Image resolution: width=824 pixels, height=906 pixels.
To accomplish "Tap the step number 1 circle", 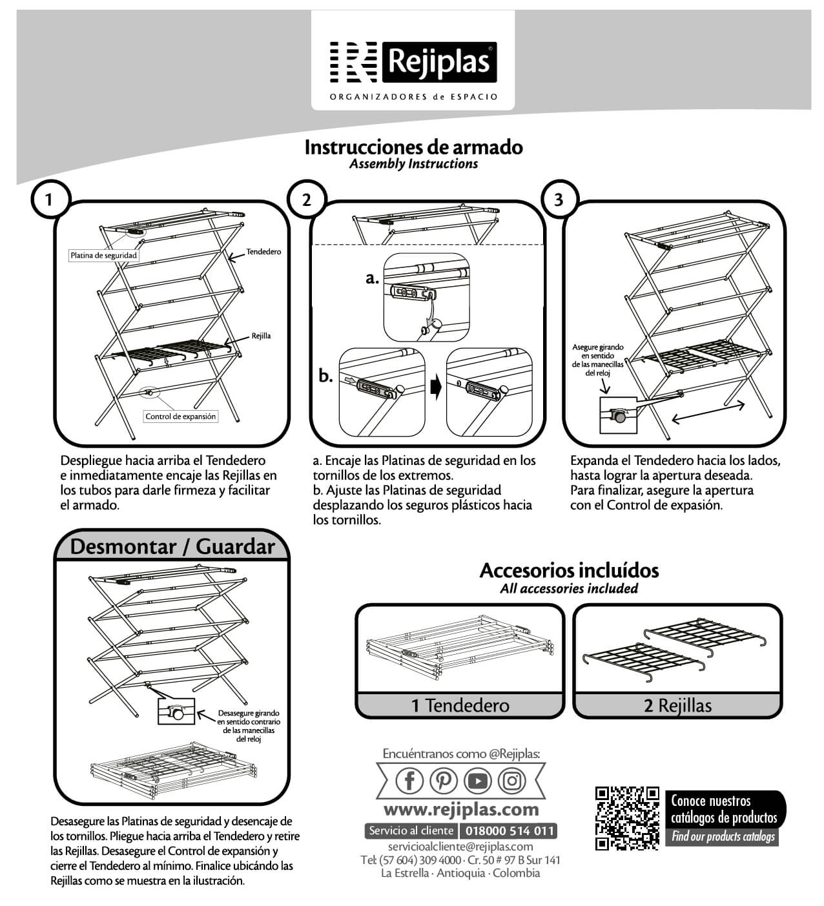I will pos(48,200).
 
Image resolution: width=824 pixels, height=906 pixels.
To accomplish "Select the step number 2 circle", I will pos(306,200).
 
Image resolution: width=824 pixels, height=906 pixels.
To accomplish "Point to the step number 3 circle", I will pos(559,200).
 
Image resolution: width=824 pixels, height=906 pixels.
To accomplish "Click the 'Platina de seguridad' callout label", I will pos(103,256).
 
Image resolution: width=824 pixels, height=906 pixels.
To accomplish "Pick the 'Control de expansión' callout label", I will pos(181,417).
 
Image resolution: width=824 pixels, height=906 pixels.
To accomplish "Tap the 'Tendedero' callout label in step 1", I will pos(263,251).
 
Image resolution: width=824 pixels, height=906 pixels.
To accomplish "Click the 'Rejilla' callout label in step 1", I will pos(261,336).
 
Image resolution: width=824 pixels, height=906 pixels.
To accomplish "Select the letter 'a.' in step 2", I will pos(371,278).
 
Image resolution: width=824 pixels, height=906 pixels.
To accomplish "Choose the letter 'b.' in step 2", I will pos(326,375).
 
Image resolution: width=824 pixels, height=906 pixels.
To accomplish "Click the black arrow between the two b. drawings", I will pos(436,389).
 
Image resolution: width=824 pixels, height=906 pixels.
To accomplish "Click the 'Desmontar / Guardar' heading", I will pos(172,546).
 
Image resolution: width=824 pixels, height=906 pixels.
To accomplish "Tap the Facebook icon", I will pos(409,781).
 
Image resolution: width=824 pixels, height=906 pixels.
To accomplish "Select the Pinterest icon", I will pos(443,781).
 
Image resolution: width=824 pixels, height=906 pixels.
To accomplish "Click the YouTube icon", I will pos(478,781).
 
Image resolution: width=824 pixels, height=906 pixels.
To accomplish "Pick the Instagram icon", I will pos(512,781).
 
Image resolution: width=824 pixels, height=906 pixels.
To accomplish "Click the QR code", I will pos(626,818).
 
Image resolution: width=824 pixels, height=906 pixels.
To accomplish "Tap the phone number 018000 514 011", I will pos(508,831).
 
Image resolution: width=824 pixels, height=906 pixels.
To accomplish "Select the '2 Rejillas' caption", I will pos(677,705).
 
